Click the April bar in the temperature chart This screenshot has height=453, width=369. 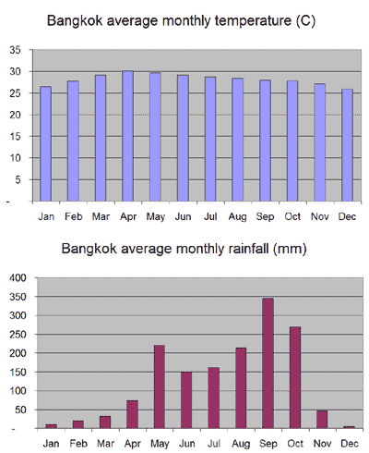[127, 136]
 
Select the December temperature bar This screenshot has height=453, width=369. [347, 145]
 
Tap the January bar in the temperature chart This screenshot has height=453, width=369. [45, 144]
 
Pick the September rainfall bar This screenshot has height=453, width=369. [268, 363]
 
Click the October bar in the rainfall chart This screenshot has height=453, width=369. [295, 377]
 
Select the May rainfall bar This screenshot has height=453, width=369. [160, 386]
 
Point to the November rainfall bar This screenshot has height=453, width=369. [322, 420]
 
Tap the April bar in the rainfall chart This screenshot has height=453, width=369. [132, 414]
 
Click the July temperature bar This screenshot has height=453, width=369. [210, 139]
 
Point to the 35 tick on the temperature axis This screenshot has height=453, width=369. [15, 50]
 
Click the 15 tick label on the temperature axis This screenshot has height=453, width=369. [15, 136]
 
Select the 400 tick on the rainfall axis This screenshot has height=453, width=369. [18, 277]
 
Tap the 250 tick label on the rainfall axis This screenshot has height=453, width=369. [18, 334]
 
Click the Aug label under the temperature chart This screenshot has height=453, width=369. [237, 217]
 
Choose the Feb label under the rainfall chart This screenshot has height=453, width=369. [78, 444]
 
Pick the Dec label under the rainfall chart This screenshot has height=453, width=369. [350, 444]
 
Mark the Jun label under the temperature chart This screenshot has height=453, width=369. [183, 216]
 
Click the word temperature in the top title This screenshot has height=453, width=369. [253, 21]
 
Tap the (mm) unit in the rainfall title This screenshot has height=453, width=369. [290, 249]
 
